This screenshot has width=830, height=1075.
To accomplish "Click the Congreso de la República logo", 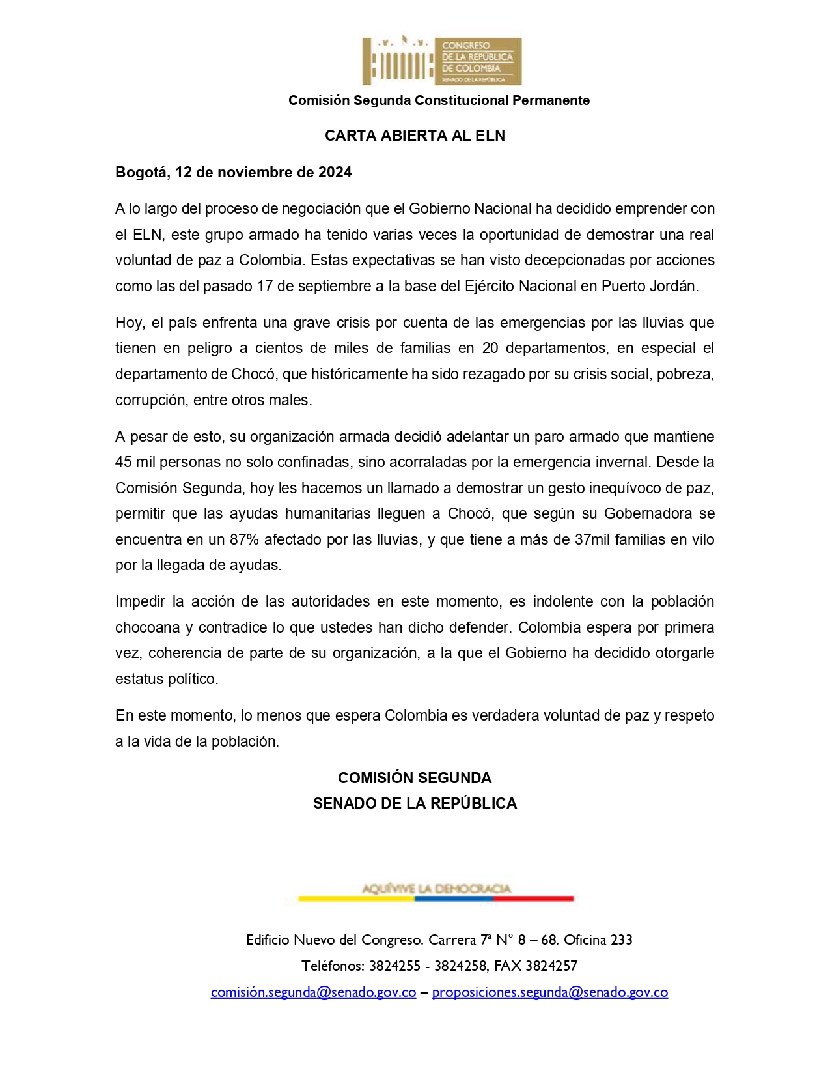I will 442,61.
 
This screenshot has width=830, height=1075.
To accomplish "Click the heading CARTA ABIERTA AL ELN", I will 415,136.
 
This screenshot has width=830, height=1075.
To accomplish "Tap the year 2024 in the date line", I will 335,172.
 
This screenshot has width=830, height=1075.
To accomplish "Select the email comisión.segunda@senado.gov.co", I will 313,992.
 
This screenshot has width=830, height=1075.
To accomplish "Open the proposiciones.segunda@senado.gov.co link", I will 549,992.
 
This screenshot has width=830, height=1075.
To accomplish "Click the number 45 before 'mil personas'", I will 124,462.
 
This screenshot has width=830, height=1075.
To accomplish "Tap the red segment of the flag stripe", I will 533,899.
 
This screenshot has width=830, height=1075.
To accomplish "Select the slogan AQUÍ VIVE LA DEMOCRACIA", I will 436,889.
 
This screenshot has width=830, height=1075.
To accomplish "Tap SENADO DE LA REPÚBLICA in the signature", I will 415,803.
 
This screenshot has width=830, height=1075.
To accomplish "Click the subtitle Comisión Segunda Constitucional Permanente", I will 439,100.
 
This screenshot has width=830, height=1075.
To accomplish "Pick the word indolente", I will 564,601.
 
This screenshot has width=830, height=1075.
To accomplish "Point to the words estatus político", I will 166,679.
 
